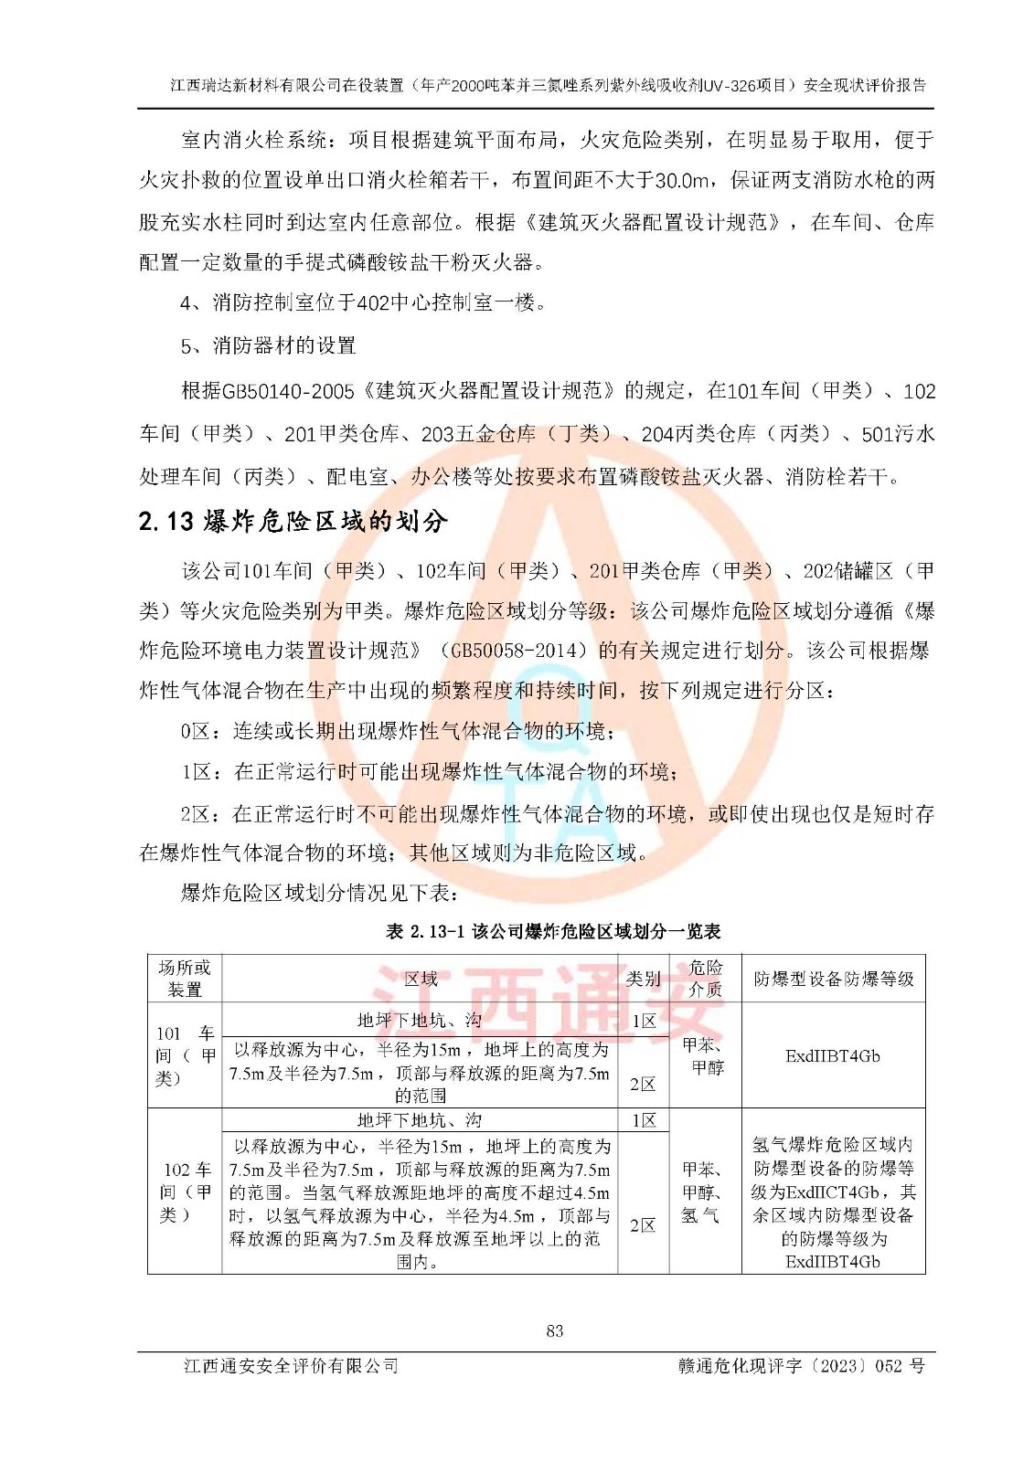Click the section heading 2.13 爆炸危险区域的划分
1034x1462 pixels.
293,522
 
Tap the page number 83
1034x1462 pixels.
554,1330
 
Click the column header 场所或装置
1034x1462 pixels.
185,979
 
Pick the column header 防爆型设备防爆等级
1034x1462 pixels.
833,979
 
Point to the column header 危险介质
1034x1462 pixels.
705,979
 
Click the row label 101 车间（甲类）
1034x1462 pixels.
185,1055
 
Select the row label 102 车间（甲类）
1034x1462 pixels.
185,1192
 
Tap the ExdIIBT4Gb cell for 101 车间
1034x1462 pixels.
833,1056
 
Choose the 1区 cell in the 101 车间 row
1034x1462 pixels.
644,1021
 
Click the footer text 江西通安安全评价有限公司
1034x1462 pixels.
292,1366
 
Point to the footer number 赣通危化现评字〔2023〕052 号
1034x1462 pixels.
801,1366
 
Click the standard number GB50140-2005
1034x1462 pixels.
288,391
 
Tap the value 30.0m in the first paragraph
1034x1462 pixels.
681,180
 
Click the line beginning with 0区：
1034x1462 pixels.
398,731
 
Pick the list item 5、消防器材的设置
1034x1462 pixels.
268,345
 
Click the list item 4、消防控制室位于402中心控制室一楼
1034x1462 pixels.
363,302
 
